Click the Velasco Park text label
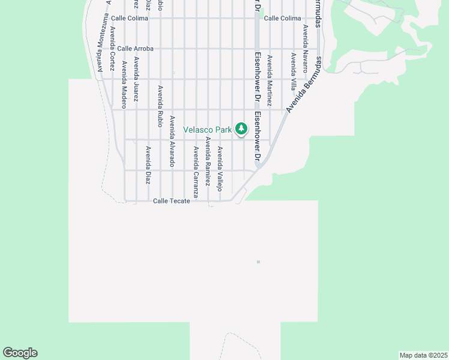click(x=208, y=130)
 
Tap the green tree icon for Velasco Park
click(x=241, y=128)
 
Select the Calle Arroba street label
click(x=136, y=49)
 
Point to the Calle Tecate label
click(x=172, y=201)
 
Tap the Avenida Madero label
click(x=124, y=80)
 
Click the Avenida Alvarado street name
click(x=172, y=141)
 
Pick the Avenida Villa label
click(x=294, y=71)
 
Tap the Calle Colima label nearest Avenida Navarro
click(x=282, y=19)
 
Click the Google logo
click(x=20, y=353)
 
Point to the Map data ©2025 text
click(x=423, y=355)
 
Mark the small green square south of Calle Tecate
click(x=258, y=262)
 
